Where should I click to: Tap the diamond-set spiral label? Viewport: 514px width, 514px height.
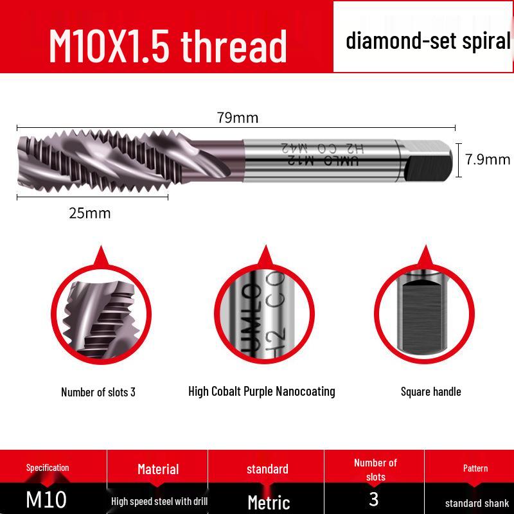click(428, 41)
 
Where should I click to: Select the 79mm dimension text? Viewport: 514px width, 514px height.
click(238, 118)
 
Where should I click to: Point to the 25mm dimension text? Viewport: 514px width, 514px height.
click(90, 213)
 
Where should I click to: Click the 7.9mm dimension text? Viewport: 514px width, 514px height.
click(488, 159)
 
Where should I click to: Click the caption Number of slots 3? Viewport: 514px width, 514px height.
click(98, 392)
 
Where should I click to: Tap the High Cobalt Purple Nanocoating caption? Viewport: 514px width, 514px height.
click(261, 391)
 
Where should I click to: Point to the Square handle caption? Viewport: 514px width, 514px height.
click(430, 391)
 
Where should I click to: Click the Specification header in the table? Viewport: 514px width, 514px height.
click(48, 468)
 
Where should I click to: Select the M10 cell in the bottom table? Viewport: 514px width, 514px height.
click(46, 499)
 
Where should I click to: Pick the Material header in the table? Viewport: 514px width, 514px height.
click(158, 469)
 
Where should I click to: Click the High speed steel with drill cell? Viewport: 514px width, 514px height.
click(159, 501)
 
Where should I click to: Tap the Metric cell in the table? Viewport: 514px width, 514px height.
click(269, 502)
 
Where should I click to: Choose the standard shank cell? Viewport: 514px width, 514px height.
click(476, 503)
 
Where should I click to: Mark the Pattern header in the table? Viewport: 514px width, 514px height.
click(475, 468)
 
